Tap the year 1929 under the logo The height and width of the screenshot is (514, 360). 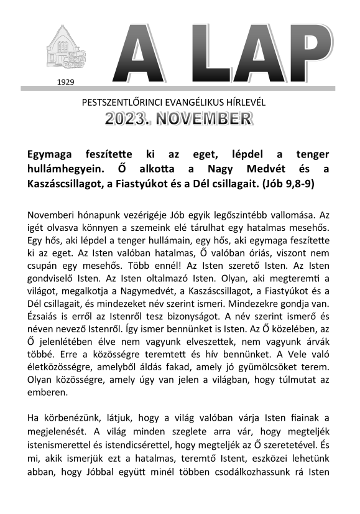point(64,82)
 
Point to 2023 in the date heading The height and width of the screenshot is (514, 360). point(128,119)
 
